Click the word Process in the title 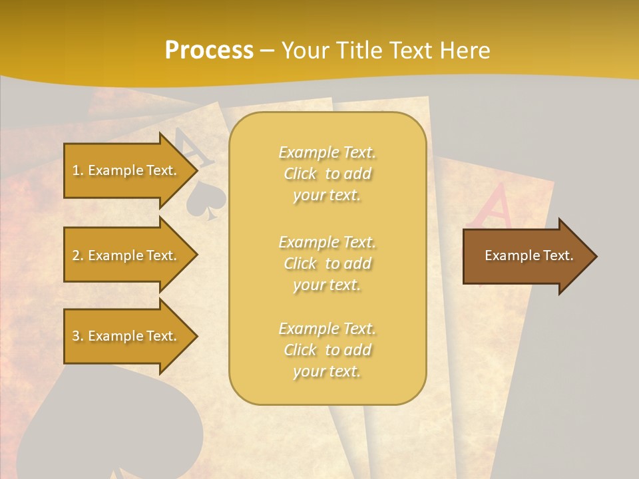coord(209,51)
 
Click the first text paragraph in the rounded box coord(327,174)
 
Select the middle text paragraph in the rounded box coord(327,263)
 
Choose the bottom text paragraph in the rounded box coord(327,350)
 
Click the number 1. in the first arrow coord(77,170)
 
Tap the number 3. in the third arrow coord(77,336)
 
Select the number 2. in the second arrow coord(77,255)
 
